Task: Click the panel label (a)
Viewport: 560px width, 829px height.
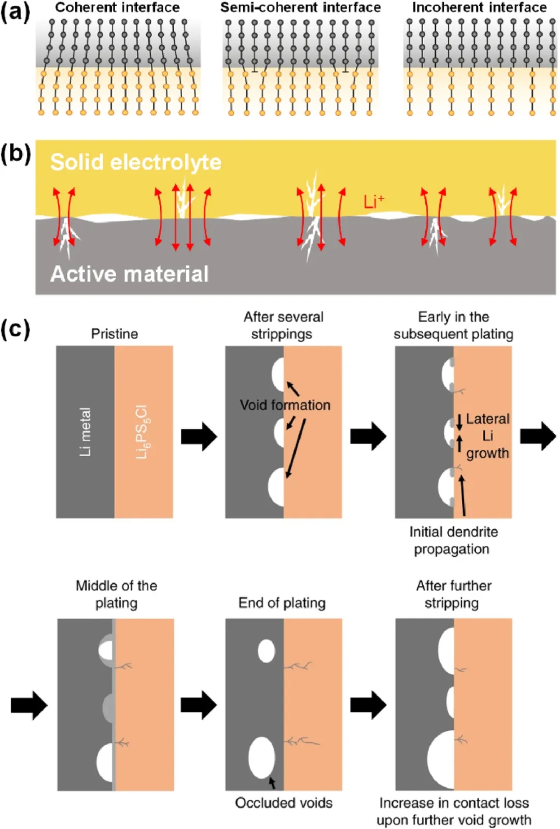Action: (x=15, y=11)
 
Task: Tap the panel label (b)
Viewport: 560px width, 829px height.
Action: (x=15, y=154)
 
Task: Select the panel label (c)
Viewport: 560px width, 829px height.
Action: (x=15, y=329)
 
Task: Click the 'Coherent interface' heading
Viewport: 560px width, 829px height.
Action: (x=117, y=7)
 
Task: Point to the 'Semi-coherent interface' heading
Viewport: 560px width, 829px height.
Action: (x=300, y=7)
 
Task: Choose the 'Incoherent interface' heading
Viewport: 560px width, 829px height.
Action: (x=479, y=7)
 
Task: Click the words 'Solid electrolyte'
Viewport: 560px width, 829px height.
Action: (x=136, y=162)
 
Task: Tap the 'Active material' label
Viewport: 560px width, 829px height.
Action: (x=130, y=274)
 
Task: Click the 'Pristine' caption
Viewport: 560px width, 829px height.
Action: (x=115, y=333)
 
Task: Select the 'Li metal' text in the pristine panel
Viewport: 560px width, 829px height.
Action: (x=85, y=432)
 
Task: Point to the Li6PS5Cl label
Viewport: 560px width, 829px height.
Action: (x=142, y=432)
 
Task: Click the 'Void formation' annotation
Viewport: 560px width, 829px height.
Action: (x=285, y=405)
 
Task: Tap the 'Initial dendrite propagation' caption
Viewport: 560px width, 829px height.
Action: (x=453, y=540)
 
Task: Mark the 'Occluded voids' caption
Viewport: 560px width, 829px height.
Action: (x=284, y=803)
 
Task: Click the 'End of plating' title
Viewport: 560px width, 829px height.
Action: (x=282, y=602)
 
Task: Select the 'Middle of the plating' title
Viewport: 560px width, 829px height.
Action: (x=116, y=594)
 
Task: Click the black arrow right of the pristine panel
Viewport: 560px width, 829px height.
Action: (x=199, y=437)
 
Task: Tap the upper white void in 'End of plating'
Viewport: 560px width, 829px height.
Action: (x=267, y=651)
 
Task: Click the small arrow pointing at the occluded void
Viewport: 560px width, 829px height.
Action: (x=272, y=782)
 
